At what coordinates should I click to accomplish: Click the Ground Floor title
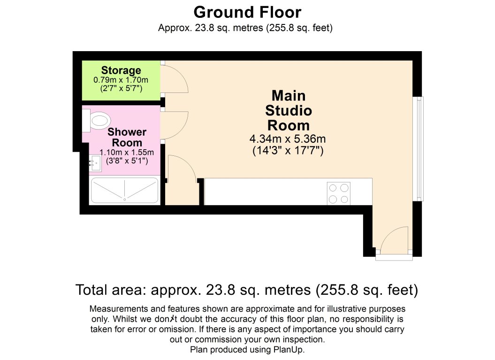click(247, 12)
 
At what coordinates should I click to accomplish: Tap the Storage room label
click(121, 70)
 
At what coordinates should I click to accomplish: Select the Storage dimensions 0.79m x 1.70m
click(121, 80)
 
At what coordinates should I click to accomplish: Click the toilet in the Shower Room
click(97, 121)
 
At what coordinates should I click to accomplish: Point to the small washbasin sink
click(95, 163)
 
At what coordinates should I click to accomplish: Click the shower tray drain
click(125, 199)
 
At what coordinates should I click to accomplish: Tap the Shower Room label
click(127, 137)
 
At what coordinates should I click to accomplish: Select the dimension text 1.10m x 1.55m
click(127, 153)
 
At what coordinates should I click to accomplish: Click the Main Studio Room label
click(289, 110)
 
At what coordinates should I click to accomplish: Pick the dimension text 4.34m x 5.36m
click(288, 139)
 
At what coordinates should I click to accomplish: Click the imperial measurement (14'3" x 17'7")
click(288, 150)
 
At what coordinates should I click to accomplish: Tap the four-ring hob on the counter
click(338, 193)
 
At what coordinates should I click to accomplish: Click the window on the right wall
click(419, 148)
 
